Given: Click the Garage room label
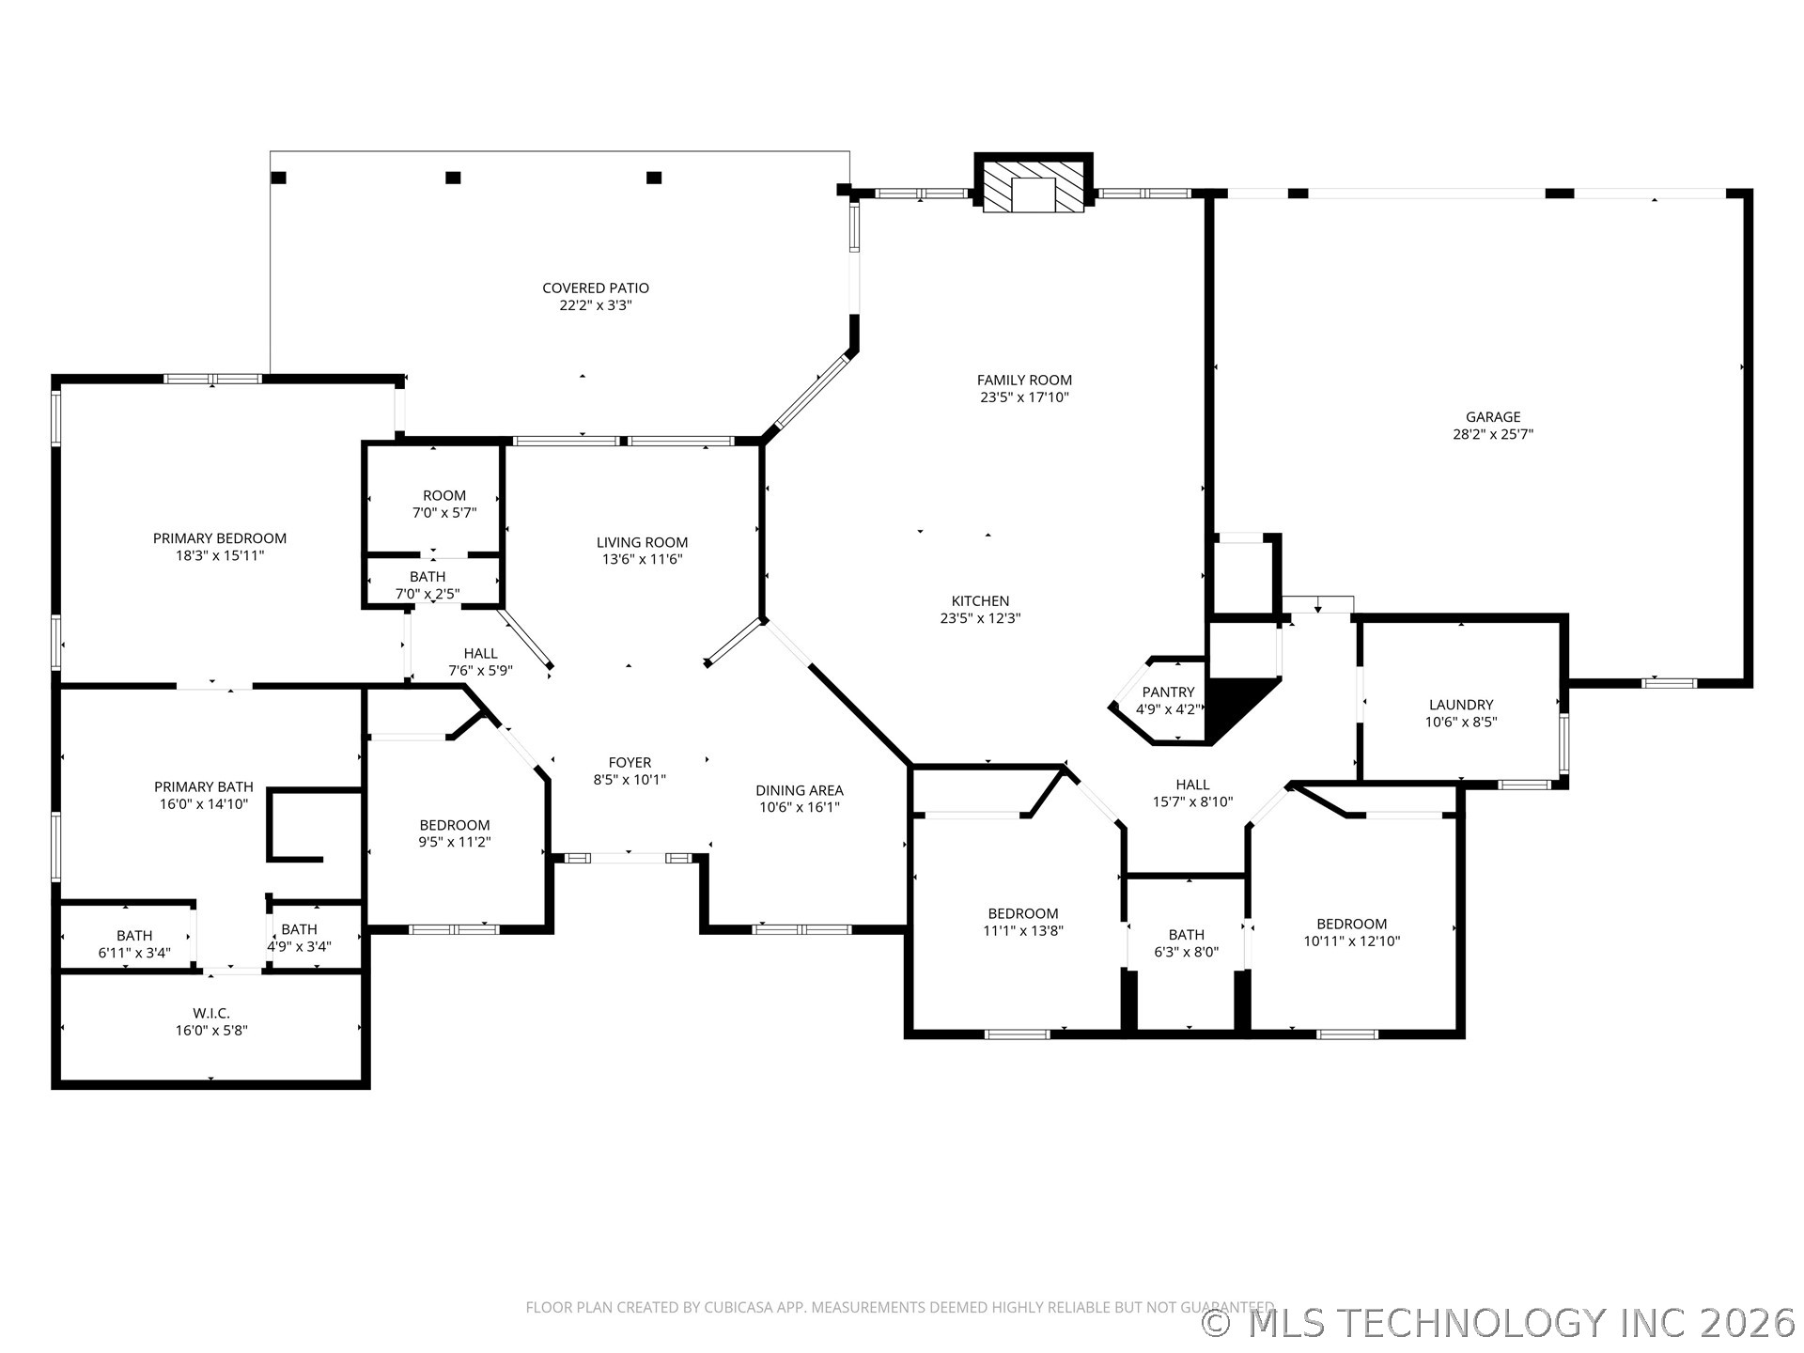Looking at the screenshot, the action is tap(1493, 417).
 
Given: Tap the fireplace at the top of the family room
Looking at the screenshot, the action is tap(1034, 184).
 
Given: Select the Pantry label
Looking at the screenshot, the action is tap(1168, 692).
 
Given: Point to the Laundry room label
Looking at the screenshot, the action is tap(1461, 705).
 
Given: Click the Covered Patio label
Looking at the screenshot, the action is tap(596, 288).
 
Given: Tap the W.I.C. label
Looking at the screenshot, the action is tap(211, 1013).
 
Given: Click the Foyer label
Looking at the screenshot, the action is tap(630, 763).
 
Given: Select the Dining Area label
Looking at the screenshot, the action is tap(800, 791).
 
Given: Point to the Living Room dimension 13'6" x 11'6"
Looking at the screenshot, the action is tap(643, 560).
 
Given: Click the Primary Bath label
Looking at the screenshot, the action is tap(204, 787).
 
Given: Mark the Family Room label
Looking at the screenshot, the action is tap(1024, 381).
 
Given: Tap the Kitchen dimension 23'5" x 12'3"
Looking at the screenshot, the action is tap(980, 619).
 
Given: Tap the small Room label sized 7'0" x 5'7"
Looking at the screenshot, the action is tap(444, 496).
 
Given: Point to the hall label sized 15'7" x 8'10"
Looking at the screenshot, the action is tap(1193, 785).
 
